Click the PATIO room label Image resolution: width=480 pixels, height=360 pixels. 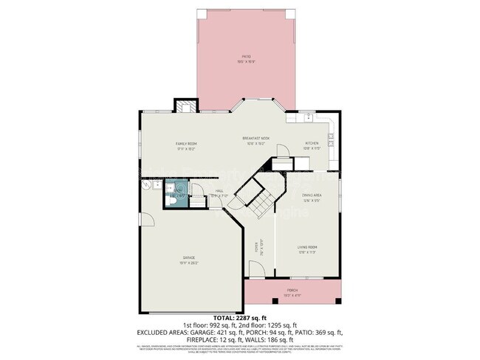point(247,56)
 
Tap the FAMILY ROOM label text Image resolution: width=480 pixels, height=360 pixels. point(185,143)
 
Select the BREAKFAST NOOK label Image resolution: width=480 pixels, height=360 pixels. point(256,138)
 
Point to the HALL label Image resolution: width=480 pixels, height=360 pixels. point(219,190)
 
